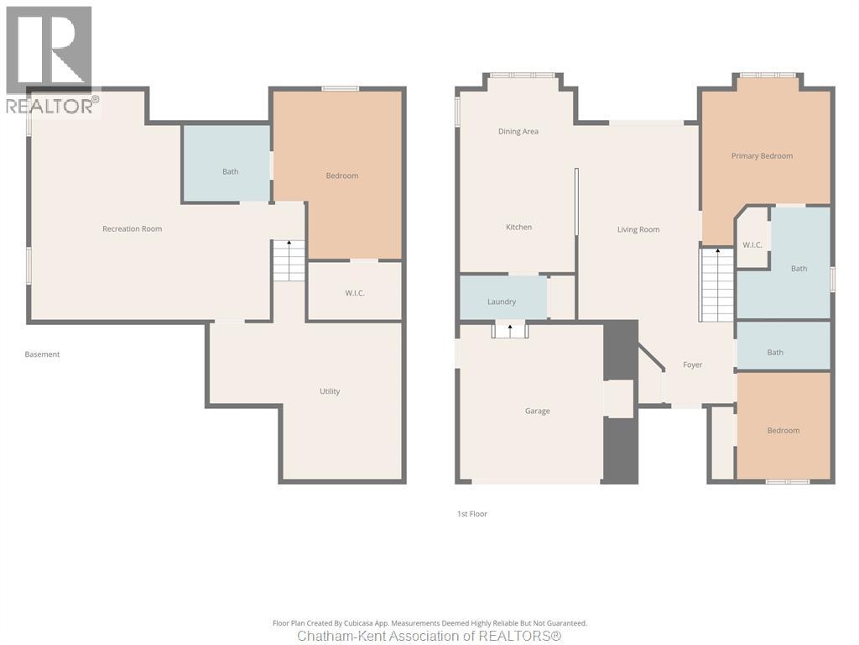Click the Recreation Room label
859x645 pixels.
(132, 229)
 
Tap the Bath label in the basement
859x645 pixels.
(230, 171)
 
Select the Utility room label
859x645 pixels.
(330, 391)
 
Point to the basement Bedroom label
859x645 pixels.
(341, 176)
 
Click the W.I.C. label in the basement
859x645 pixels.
(355, 292)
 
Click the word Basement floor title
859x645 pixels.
(42, 354)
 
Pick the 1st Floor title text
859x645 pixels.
(472, 514)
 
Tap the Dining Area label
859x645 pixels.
(518, 131)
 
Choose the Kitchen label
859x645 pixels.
(518, 228)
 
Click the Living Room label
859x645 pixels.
(638, 229)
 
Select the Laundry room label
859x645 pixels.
(502, 302)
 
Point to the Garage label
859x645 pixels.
(538, 412)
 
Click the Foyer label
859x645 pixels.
(692, 364)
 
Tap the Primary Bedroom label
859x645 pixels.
(762, 156)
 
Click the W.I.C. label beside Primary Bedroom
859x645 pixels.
(752, 245)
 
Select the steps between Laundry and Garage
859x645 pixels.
(509, 330)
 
